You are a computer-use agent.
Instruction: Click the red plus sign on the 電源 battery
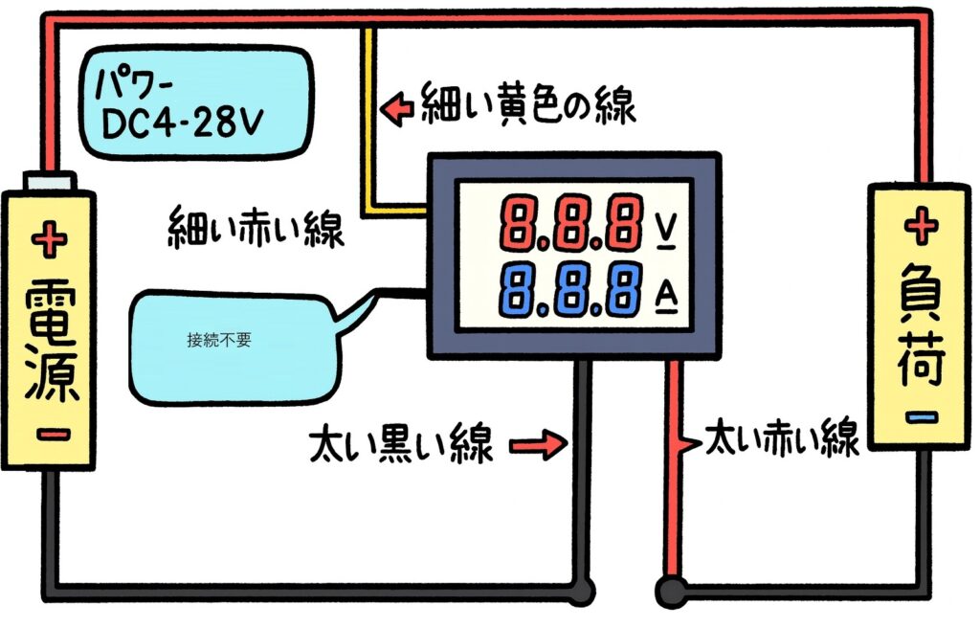[x=50, y=238]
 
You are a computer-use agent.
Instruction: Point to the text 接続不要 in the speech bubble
[x=219, y=339]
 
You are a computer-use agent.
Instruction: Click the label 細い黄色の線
[x=528, y=105]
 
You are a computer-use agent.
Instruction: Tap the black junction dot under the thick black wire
[x=580, y=586]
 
